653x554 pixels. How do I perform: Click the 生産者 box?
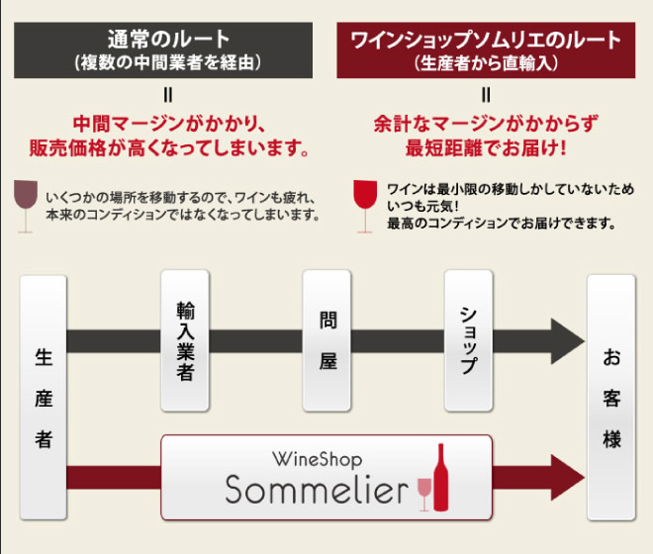(x=43, y=396)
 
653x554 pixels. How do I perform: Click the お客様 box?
(x=611, y=396)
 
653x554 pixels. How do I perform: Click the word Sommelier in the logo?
(x=316, y=489)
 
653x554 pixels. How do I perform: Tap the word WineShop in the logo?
(x=317, y=459)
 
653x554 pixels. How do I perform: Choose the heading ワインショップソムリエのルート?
(x=486, y=41)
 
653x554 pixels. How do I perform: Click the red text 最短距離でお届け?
(x=486, y=150)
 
